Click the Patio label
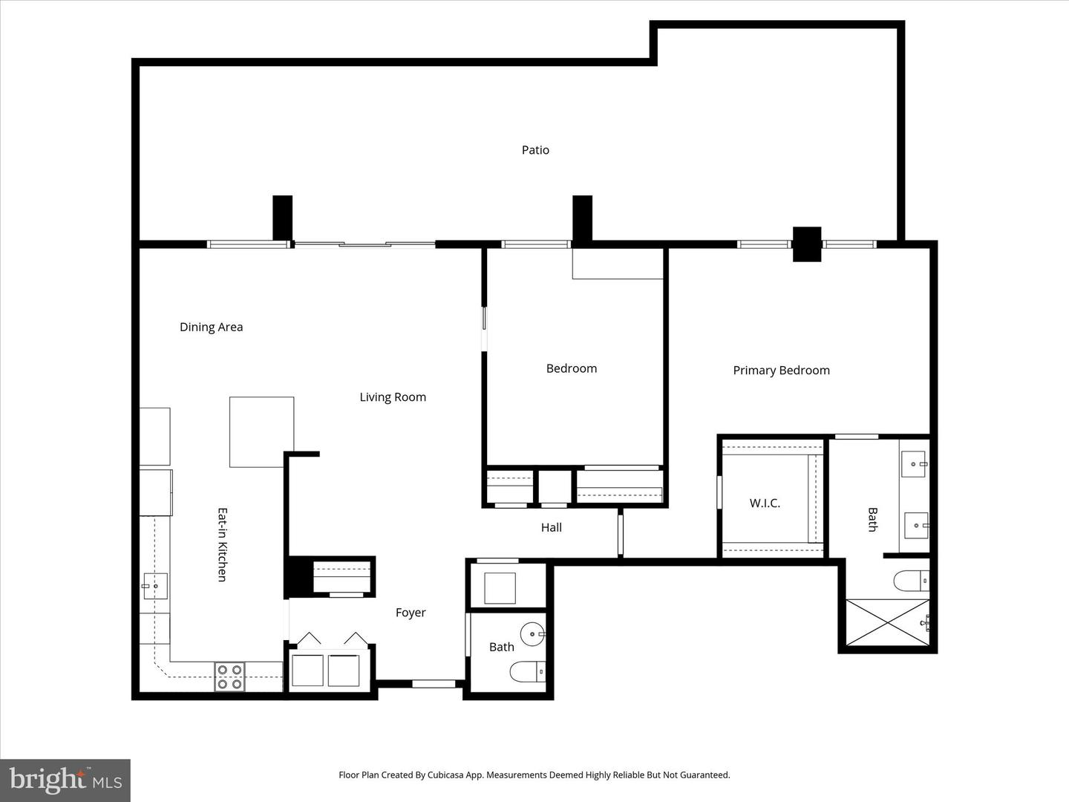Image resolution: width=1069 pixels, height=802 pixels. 535,150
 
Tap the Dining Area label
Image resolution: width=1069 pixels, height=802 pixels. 211,327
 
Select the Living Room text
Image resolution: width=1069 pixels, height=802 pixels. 393,397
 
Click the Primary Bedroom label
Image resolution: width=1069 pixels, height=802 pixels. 781,371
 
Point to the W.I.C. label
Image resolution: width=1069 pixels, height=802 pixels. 765,503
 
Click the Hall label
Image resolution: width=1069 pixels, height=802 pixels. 551,527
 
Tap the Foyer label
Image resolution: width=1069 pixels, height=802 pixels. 411,613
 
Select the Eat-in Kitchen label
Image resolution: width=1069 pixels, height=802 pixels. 222,544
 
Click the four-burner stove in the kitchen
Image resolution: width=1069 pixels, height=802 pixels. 229,677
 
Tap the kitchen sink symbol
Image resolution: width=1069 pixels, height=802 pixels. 155,586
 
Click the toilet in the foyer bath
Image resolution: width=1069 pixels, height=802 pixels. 528,672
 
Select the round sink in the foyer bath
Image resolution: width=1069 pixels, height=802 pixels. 533,635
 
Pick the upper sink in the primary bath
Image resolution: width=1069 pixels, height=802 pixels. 913,463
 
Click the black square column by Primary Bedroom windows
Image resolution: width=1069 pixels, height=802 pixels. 807,244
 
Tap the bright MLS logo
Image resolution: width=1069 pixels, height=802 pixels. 65,780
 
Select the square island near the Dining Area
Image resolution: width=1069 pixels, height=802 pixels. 261,431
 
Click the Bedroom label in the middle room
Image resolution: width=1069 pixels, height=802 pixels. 571,368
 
